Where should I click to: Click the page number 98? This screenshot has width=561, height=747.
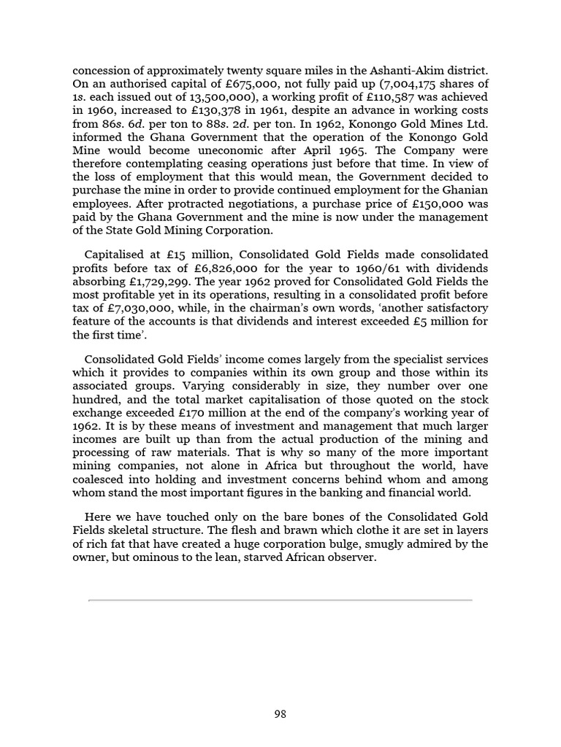280,714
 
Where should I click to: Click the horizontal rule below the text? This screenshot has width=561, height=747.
280,600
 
